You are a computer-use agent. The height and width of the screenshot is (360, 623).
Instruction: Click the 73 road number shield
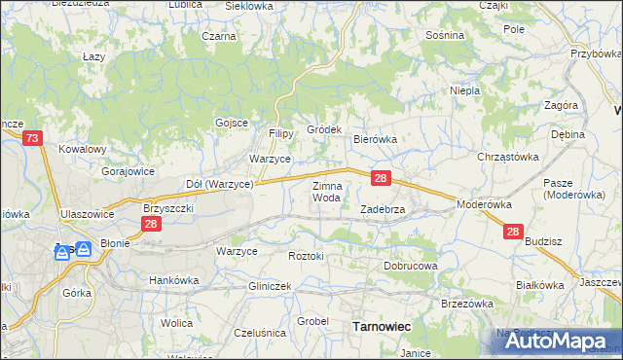[33, 140]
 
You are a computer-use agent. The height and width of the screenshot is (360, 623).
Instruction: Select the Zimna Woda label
[326, 192]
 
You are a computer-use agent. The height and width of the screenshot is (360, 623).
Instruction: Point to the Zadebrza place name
[383, 209]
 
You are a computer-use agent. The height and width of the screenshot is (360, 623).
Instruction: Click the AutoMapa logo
[551, 340]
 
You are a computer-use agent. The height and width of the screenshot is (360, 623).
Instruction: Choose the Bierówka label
[375, 139]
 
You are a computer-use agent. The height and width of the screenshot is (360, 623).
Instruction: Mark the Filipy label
[281, 133]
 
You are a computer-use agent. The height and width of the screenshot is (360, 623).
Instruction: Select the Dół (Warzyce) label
[219, 183]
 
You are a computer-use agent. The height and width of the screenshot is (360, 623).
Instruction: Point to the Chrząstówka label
[507, 156]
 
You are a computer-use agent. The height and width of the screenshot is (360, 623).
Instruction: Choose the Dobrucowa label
[411, 265]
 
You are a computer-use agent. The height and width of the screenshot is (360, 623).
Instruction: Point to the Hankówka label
[173, 280]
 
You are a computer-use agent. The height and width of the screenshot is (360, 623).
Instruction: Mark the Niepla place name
[465, 91]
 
